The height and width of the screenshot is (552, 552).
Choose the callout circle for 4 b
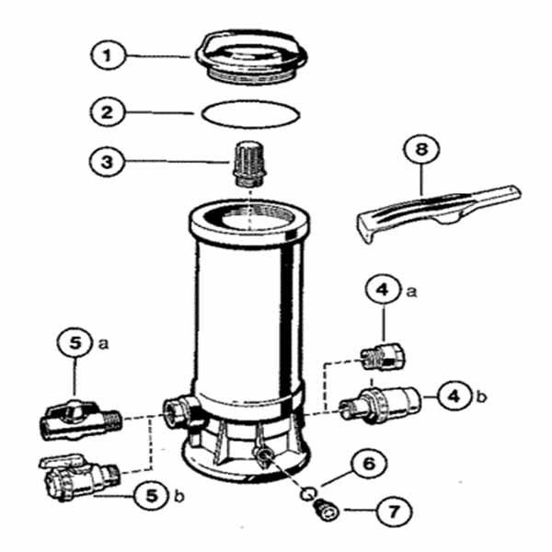[x=453, y=396]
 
